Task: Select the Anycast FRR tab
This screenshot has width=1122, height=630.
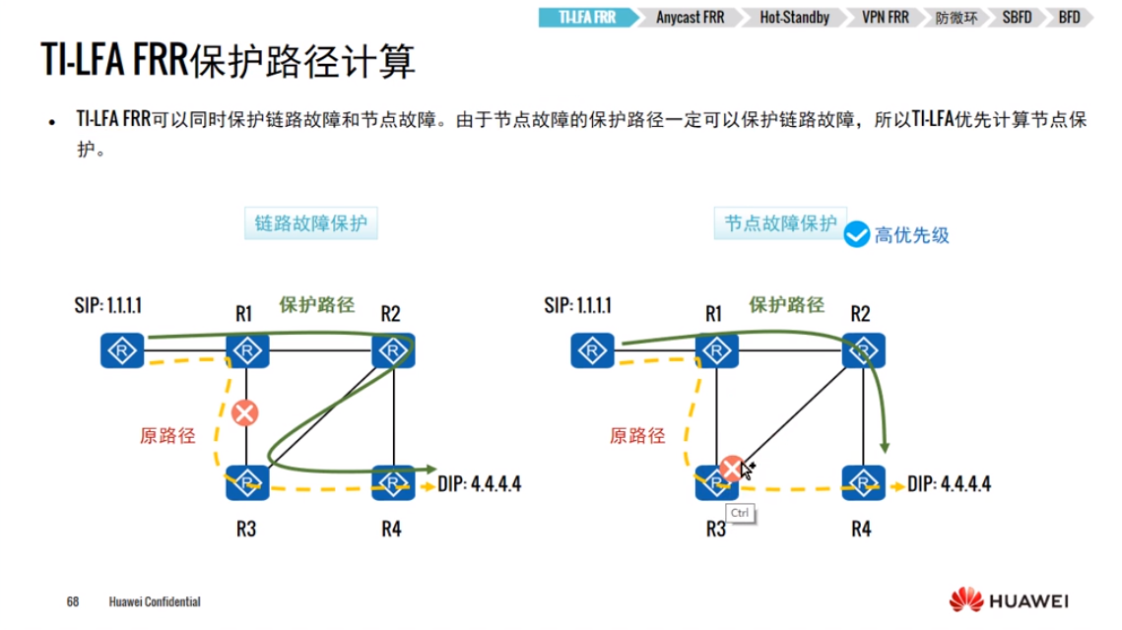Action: pyautogui.click(x=690, y=17)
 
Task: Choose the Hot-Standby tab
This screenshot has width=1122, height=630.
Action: pyautogui.click(x=794, y=17)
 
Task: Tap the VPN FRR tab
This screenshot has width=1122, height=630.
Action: pyautogui.click(x=884, y=17)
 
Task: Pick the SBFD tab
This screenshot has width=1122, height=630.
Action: pyautogui.click(x=1016, y=17)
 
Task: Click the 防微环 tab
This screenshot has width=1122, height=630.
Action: pyautogui.click(x=957, y=17)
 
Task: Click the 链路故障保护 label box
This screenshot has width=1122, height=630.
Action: pyautogui.click(x=311, y=223)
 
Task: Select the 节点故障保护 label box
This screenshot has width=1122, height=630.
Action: pyautogui.click(x=779, y=223)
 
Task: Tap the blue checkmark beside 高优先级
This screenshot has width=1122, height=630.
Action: pyautogui.click(x=857, y=234)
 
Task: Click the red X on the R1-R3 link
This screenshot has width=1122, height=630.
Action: pyautogui.click(x=244, y=413)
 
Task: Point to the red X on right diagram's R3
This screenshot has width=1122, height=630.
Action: pyautogui.click(x=731, y=469)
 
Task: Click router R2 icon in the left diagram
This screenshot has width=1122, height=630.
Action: pyautogui.click(x=393, y=350)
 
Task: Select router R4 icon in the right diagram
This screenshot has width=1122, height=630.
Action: pyautogui.click(x=862, y=482)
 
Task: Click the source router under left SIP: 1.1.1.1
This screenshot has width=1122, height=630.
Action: pyautogui.click(x=122, y=350)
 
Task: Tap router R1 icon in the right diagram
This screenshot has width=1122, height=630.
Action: pyautogui.click(x=716, y=350)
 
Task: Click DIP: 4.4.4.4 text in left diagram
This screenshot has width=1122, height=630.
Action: pyautogui.click(x=481, y=483)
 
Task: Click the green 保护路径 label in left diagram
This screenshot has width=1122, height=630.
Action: pyautogui.click(x=317, y=305)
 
